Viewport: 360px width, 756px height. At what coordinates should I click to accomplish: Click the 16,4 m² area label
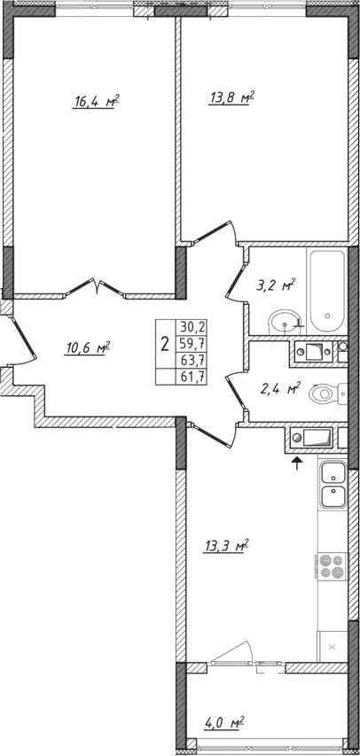pos(97,102)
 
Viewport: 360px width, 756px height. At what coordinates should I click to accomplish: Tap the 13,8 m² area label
pos(232,97)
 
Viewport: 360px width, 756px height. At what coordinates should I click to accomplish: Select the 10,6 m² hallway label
pos(86,347)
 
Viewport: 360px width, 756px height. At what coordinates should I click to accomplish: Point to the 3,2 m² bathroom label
pos(275,285)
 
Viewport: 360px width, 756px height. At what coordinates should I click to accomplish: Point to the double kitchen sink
pos(333,486)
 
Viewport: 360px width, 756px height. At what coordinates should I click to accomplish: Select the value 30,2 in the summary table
pos(190,326)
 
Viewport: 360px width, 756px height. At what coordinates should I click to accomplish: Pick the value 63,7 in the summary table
pos(190,359)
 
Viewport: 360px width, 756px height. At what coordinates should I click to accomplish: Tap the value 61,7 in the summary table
pos(190,376)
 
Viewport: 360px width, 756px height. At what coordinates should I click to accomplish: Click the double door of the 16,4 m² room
pos(98,286)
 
